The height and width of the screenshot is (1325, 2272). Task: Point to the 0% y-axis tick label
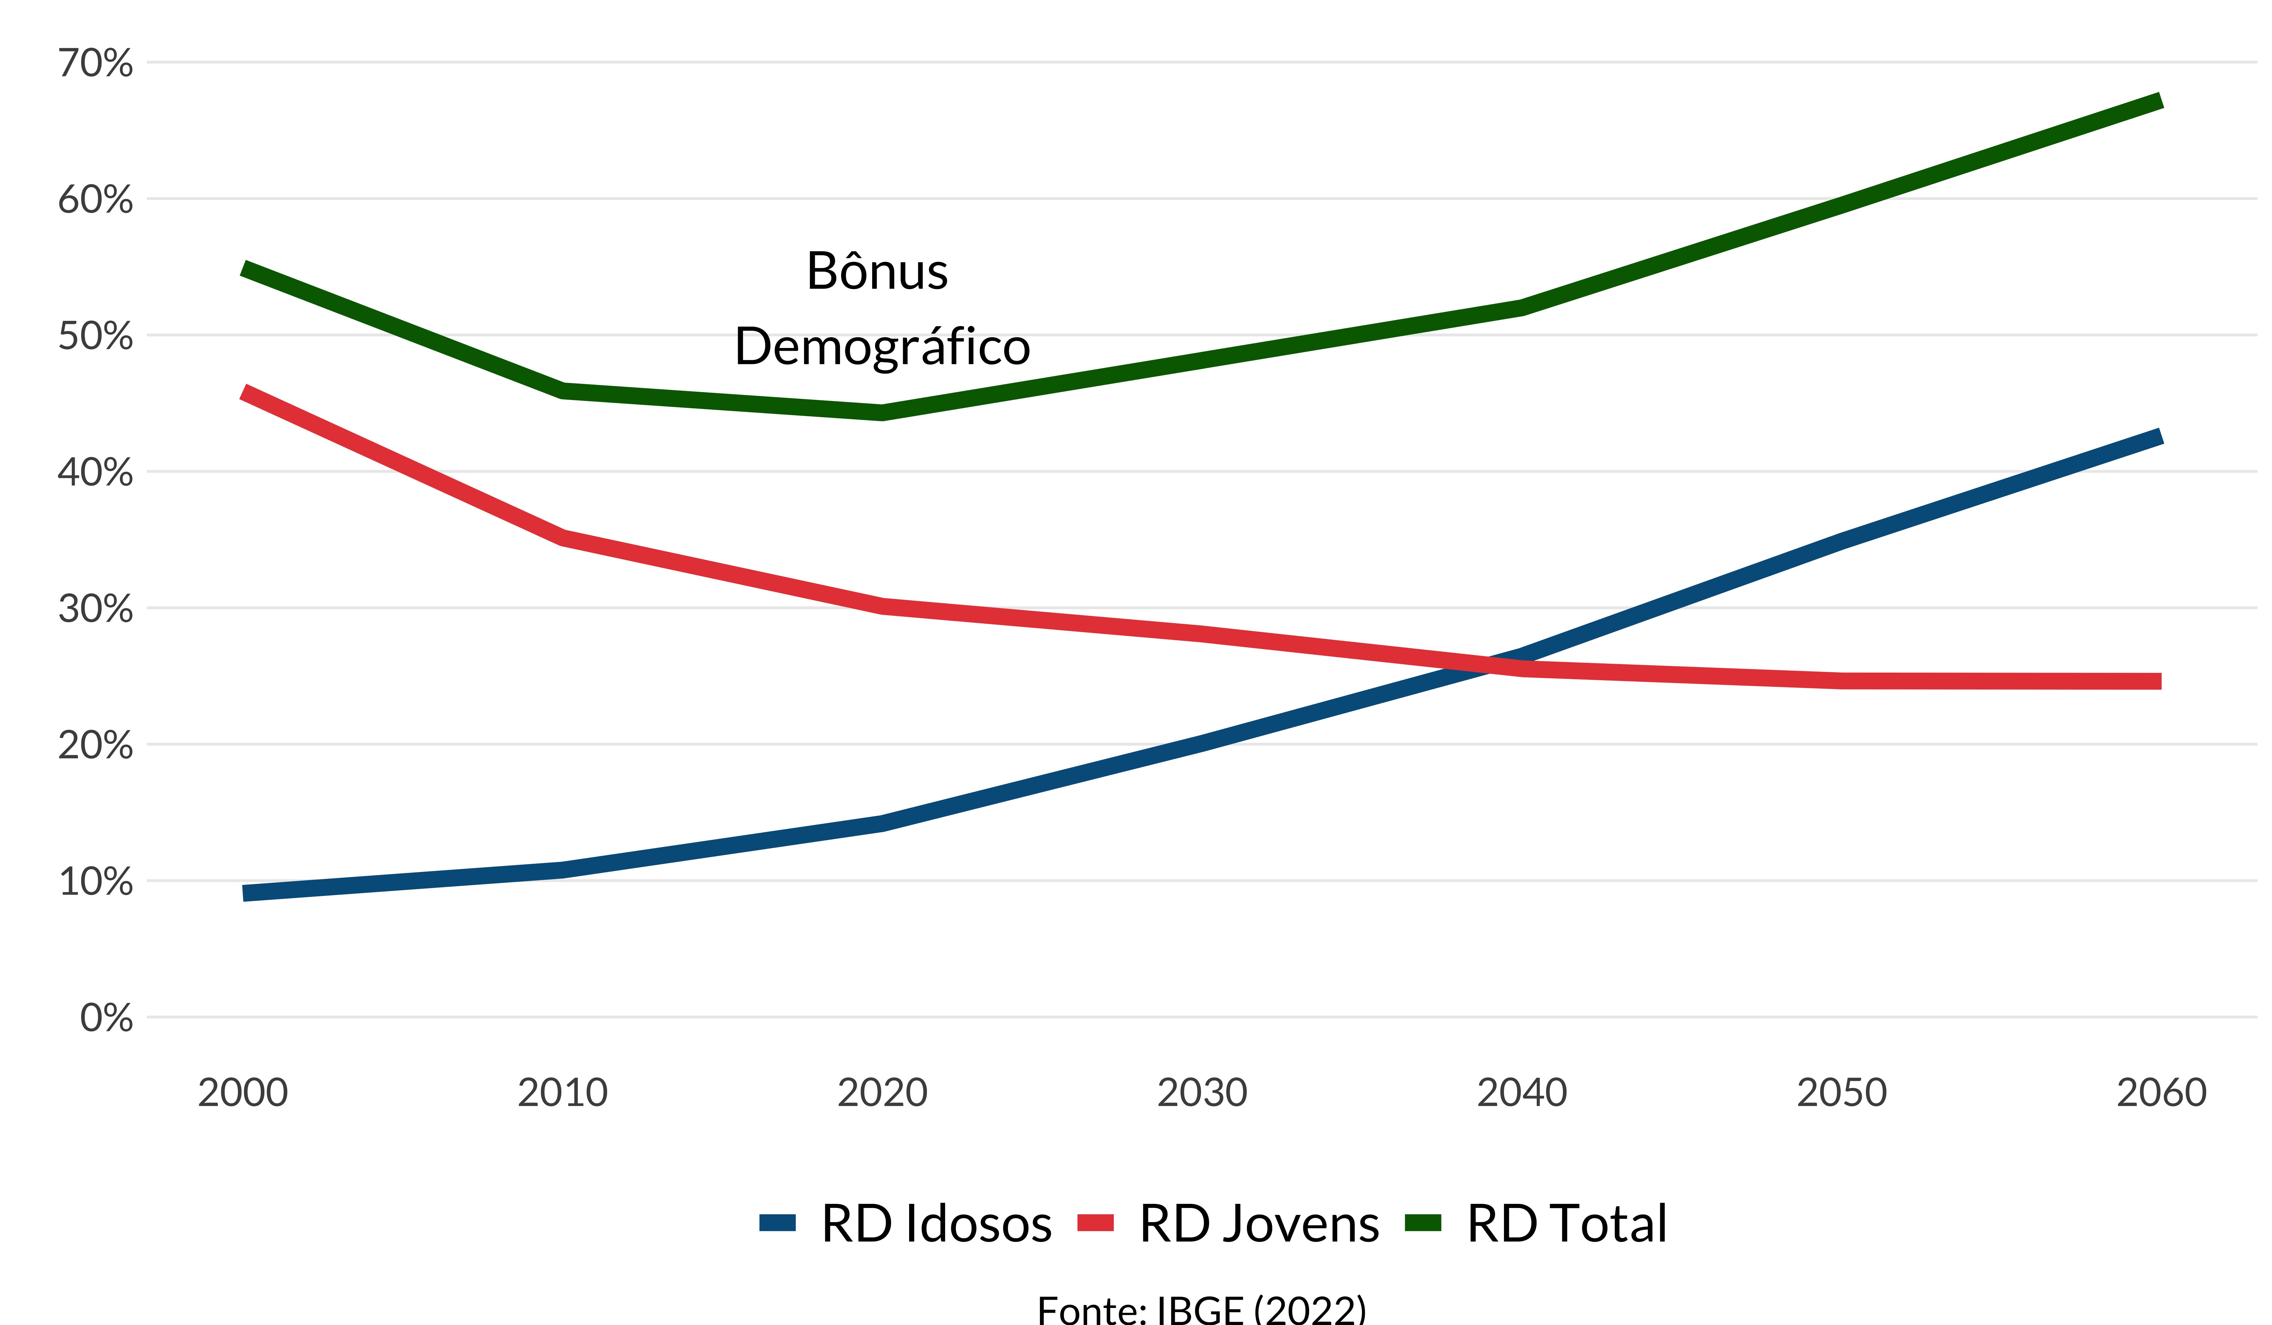(x=106, y=1019)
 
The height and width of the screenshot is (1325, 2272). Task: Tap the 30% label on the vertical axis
(x=96, y=609)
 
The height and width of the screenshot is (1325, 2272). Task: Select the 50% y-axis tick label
(x=96, y=336)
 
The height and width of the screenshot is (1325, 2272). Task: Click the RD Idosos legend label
(x=936, y=1224)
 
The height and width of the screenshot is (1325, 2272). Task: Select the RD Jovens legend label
(x=1259, y=1224)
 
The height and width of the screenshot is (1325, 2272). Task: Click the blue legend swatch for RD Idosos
(x=777, y=1223)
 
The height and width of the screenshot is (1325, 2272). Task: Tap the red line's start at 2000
(x=244, y=393)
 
